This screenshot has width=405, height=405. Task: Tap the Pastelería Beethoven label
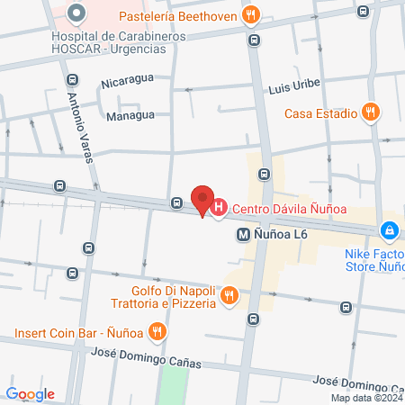(x=175, y=15)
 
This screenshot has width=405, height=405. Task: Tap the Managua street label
(x=130, y=115)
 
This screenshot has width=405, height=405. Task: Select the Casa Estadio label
(x=320, y=113)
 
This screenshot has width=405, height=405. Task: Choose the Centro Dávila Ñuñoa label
(x=290, y=211)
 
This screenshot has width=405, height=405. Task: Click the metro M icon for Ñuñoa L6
(x=242, y=234)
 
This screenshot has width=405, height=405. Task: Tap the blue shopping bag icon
(x=389, y=231)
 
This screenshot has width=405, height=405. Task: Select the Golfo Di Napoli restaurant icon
(x=229, y=295)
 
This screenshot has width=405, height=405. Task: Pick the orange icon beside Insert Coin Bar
(x=157, y=332)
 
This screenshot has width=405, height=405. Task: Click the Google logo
(x=31, y=394)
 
